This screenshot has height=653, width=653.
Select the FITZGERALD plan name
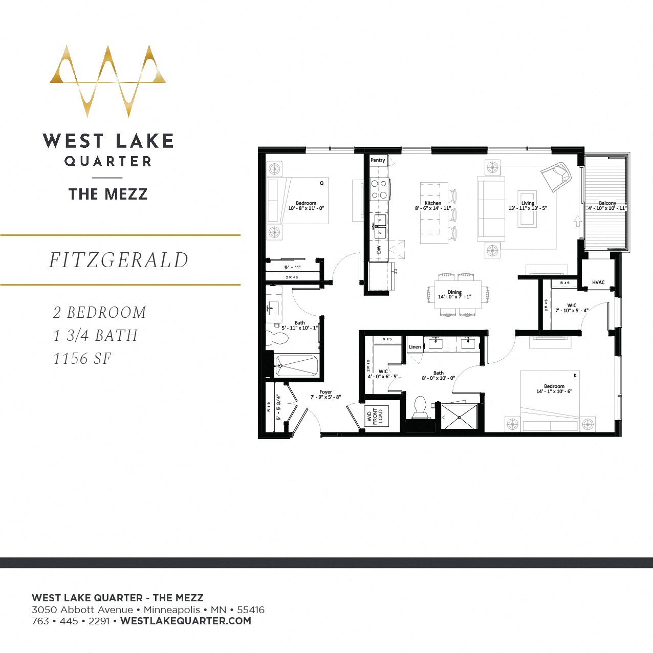pos(119,260)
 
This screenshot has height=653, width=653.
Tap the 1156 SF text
pos(82,359)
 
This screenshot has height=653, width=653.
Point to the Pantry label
pos(378,160)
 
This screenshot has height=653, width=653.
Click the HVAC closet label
pos(598,282)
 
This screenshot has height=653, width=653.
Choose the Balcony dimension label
pos(607,206)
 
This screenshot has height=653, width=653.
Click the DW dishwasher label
pos(379,250)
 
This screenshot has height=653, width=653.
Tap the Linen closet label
pos(415,347)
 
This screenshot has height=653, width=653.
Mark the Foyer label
pos(325,392)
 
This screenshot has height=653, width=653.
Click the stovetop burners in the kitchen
pos(379,189)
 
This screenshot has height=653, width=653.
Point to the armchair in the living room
pos(556,177)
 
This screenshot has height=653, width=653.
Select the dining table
pos(458,294)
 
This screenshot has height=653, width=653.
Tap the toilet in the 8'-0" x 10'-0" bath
pos(420,406)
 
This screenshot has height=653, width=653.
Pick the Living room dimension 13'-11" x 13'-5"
pos(528,208)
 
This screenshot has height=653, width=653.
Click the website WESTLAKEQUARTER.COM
pos(186,621)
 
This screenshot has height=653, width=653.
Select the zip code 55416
pos(251,610)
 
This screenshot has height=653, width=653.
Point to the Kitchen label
pos(432,203)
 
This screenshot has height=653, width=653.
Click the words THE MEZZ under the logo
pos(108,194)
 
